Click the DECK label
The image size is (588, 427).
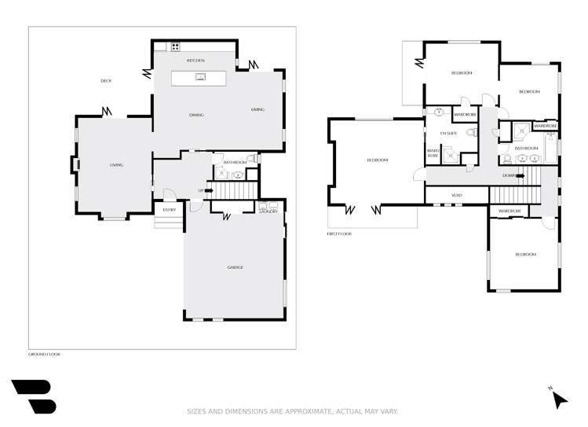tap(106, 81)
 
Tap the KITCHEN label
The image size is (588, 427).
tap(195, 61)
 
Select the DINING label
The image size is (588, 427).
tap(196, 115)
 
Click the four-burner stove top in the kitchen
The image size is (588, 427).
tap(175, 47)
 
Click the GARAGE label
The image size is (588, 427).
tap(235, 267)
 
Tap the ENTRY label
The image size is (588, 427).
tap(169, 209)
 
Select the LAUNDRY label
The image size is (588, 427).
tap(268, 212)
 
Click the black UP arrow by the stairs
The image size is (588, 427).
tap(209, 190)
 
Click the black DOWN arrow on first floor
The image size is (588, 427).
tap(519, 175)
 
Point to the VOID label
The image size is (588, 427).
tap(457, 195)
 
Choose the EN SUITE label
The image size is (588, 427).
tap(448, 134)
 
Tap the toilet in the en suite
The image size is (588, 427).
tap(471, 134)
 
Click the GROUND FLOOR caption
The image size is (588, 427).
tap(44, 354)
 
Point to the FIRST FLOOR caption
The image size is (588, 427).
tap(339, 234)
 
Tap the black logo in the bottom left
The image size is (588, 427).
tap(34, 396)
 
